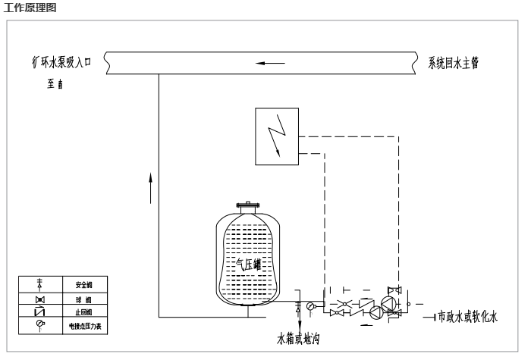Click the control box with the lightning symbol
277,136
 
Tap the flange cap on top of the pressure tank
248,205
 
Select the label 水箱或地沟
298,338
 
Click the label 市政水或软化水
467,316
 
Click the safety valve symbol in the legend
40,285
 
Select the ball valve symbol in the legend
40,299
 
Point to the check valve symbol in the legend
40,312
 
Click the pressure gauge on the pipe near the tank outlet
310,305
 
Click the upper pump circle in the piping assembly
389,304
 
